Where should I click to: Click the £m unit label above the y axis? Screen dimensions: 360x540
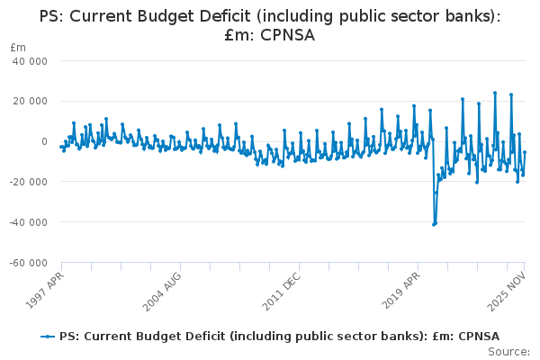(17, 47)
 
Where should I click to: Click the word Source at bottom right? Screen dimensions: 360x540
(509, 352)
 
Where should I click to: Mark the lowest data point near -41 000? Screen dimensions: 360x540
(434, 224)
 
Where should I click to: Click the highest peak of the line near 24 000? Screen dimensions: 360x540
(495, 93)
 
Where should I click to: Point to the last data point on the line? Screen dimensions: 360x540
(525, 152)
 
